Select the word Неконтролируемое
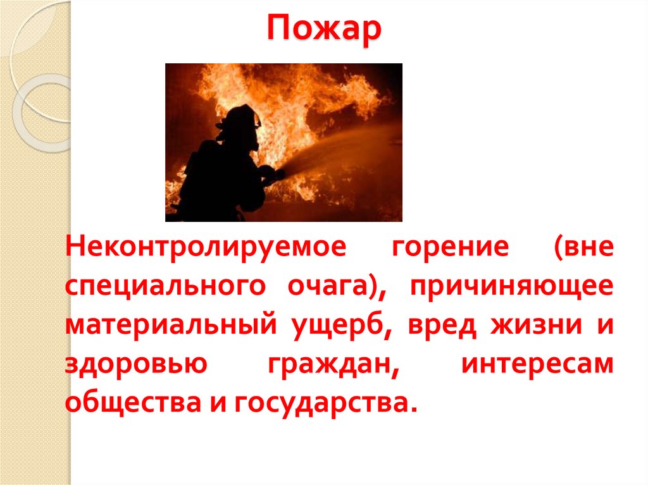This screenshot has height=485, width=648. pyautogui.click(x=206, y=247)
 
